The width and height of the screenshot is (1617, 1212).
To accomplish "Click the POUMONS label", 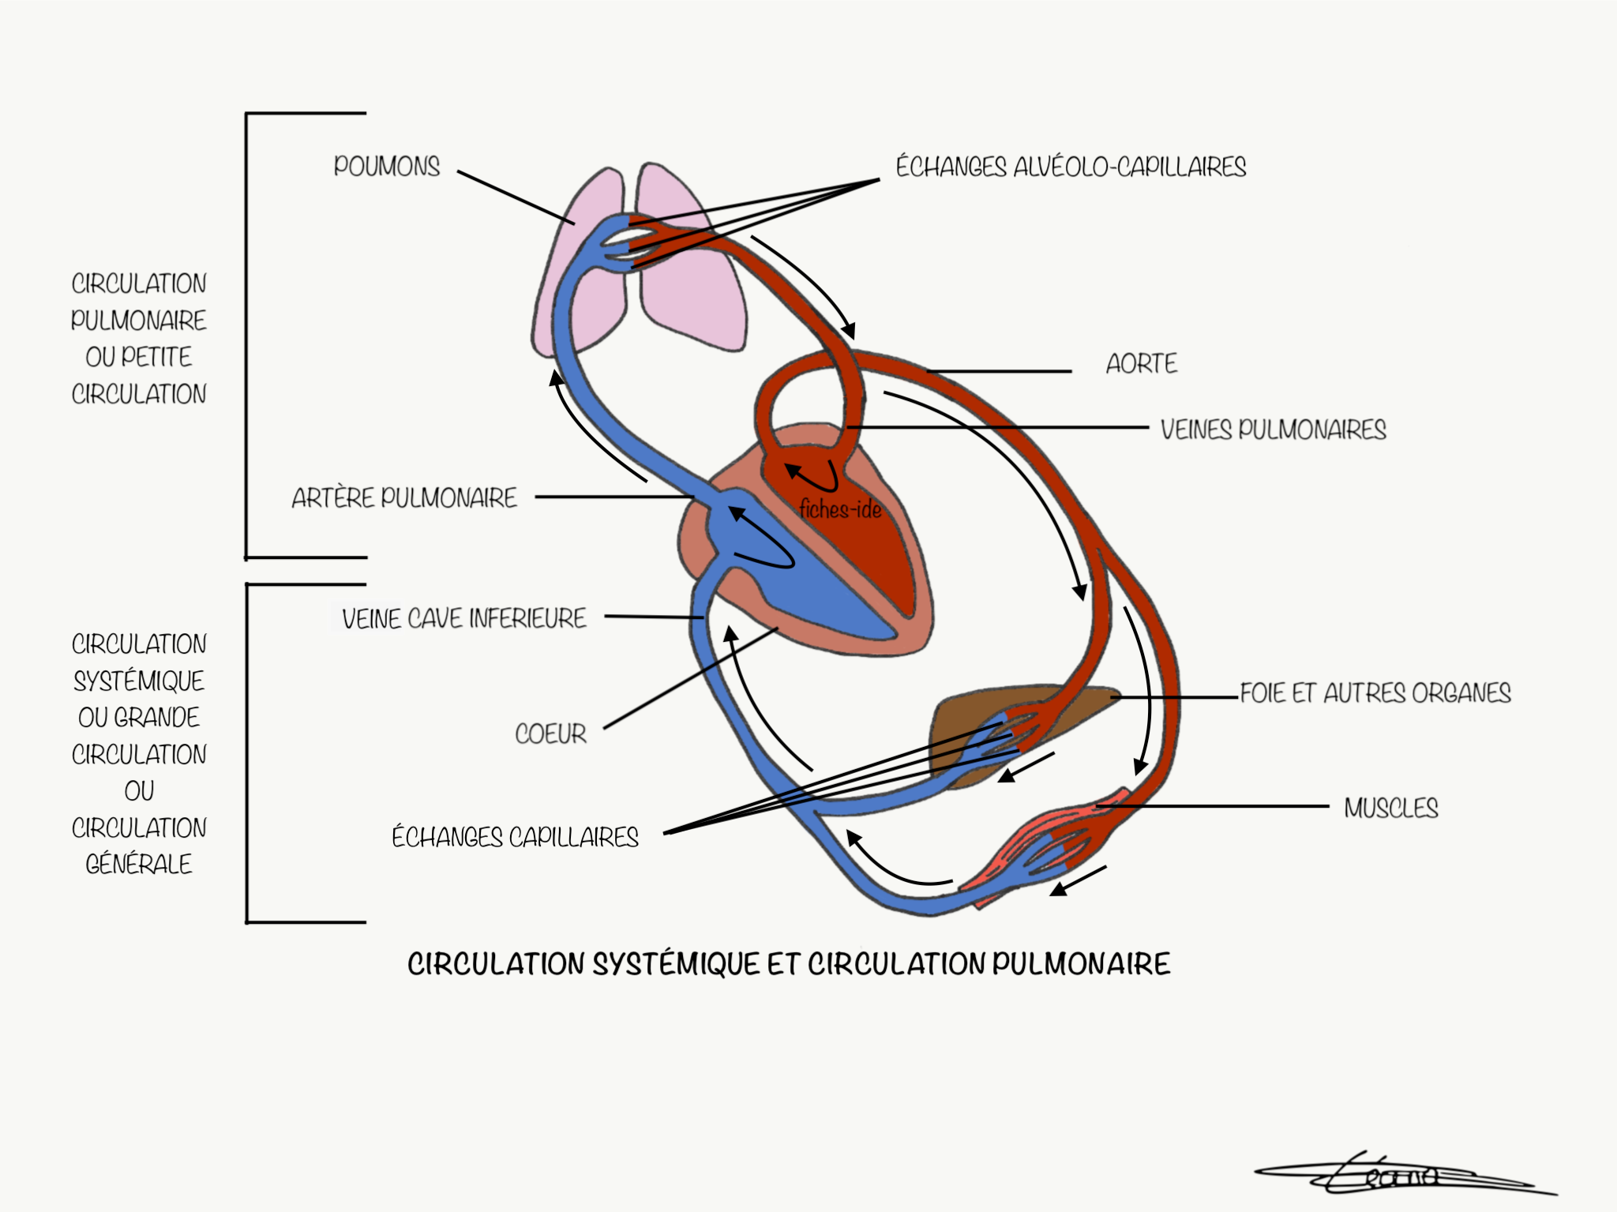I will [386, 167].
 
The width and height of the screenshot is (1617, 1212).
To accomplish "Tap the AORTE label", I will [1141, 364].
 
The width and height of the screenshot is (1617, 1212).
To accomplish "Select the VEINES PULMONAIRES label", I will [1273, 430].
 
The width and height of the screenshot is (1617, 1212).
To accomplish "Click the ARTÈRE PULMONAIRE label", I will [404, 498].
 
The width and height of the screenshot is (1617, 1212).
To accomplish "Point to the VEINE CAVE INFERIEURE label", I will [463, 618].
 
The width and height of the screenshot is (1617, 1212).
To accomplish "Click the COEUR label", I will [550, 734].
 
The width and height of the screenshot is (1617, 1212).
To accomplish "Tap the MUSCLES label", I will [1391, 809].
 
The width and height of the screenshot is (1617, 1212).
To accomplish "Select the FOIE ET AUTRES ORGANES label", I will [1375, 693].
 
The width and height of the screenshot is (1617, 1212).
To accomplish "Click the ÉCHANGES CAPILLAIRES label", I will [515, 838].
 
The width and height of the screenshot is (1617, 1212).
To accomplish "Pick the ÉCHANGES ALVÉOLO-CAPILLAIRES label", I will [1070, 167].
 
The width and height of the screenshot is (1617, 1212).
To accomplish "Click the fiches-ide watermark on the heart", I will [840, 510].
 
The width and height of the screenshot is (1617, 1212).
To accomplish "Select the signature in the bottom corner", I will [1398, 1176].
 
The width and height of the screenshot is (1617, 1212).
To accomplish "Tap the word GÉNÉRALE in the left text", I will [139, 865].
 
